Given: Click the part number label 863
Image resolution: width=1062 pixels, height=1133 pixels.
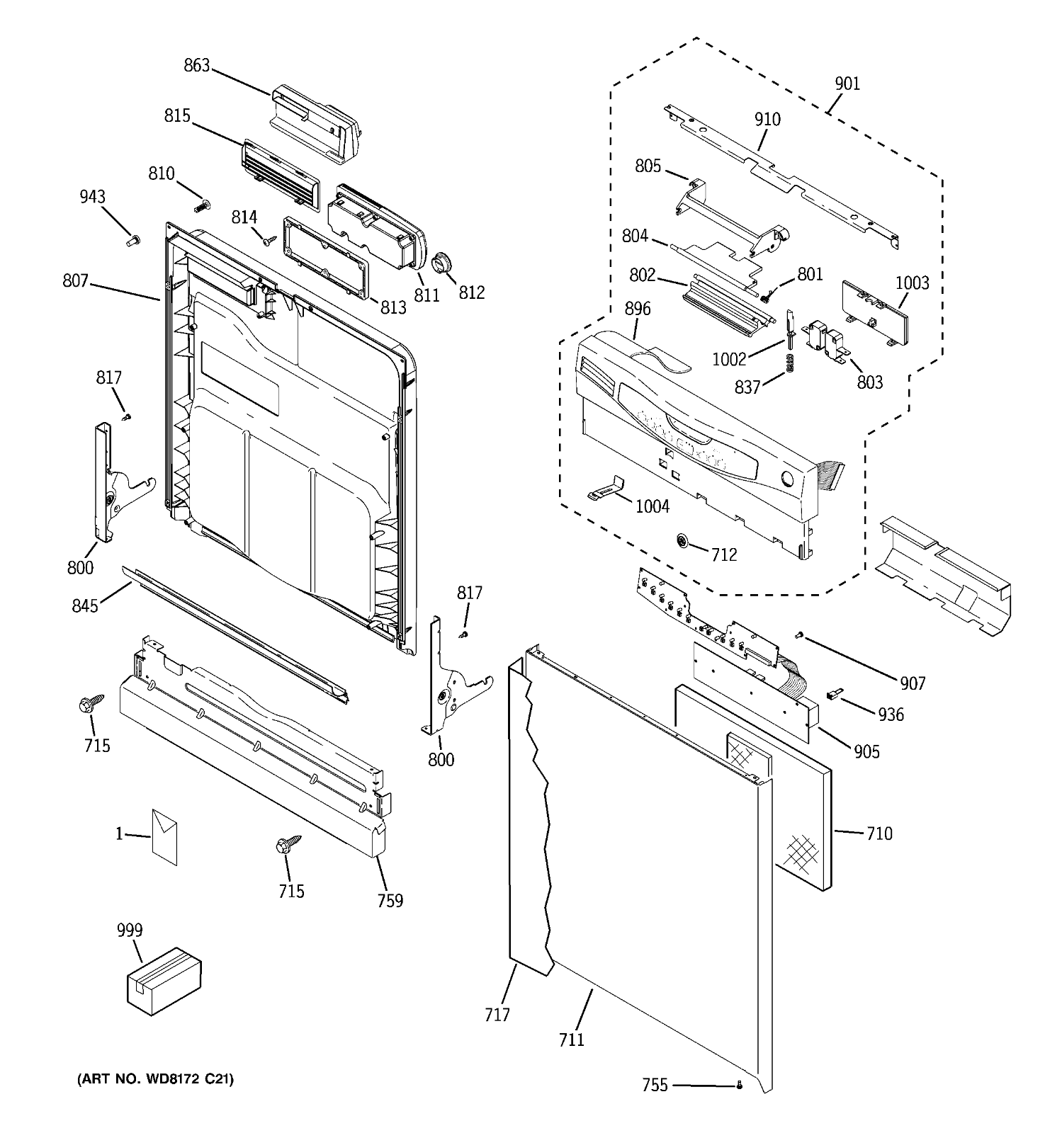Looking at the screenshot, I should (196, 66).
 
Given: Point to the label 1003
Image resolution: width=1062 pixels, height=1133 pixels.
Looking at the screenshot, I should (911, 283).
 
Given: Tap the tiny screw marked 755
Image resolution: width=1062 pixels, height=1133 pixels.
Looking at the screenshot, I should (740, 1084).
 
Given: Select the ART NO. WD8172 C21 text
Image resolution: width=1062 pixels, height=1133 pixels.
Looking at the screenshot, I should (155, 1078).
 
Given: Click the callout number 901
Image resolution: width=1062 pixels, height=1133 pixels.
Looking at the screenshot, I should (847, 84).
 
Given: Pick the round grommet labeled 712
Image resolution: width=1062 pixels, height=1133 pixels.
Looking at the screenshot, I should (682, 542).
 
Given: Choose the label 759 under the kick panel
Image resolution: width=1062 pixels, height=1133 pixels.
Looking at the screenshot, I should (390, 900).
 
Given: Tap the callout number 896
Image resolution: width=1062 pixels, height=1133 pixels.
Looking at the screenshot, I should (637, 309).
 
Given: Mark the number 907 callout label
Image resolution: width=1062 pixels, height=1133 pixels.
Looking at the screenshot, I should (913, 683).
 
